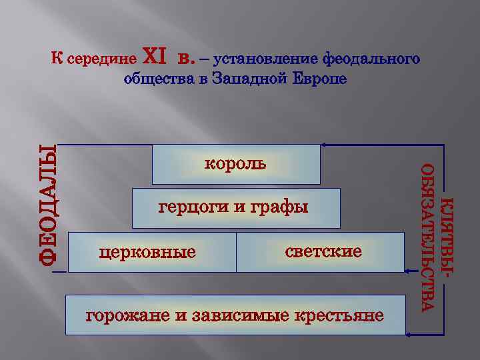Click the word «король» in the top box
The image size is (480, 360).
235,163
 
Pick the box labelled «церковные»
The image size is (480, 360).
152,252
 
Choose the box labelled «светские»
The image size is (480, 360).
321,252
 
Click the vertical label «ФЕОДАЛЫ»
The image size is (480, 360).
46,203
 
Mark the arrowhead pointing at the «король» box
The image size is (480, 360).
324,145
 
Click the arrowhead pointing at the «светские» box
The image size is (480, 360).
408,270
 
